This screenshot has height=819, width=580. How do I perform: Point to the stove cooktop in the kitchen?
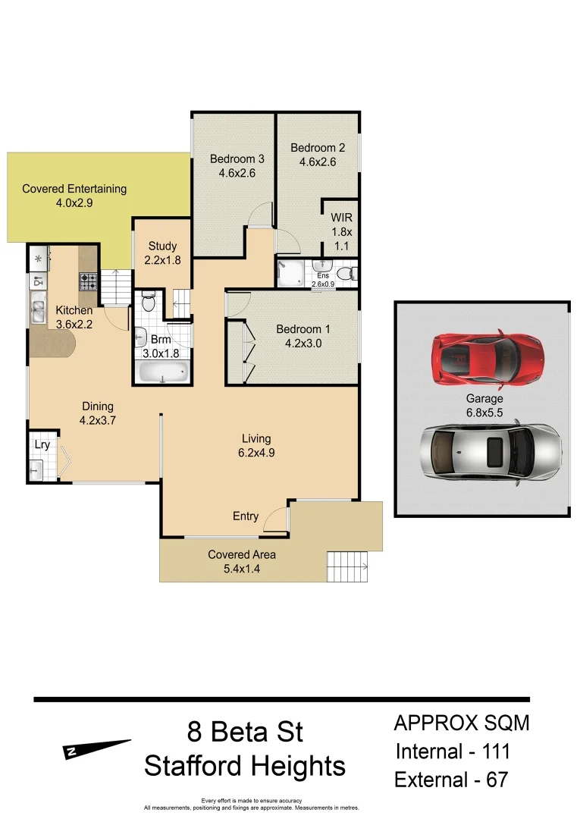(x=89, y=281)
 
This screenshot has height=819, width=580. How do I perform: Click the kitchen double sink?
(x=39, y=309)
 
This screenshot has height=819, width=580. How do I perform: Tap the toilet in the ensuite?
(x=346, y=273)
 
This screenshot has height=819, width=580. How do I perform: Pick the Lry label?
(x=42, y=444)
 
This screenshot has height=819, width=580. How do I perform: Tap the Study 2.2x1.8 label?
(x=162, y=253)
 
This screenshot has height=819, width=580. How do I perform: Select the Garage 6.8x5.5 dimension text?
(x=484, y=405)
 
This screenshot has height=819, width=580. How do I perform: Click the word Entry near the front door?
(x=245, y=516)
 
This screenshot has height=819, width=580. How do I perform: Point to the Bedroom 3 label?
(x=237, y=166)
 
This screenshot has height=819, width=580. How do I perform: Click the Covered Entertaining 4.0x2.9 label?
(x=74, y=196)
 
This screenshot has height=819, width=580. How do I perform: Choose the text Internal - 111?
(x=453, y=752)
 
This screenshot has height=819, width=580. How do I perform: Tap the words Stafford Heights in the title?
(x=245, y=766)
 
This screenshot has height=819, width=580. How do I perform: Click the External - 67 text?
(x=452, y=780)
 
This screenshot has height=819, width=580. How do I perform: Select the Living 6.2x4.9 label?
(x=256, y=446)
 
